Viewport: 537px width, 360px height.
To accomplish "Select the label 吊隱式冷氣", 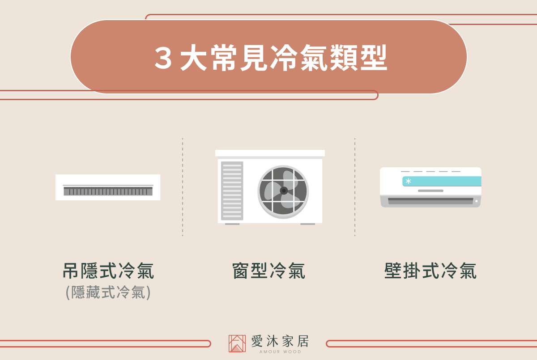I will click(108, 271).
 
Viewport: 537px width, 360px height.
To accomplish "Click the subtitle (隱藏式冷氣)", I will click(108, 292).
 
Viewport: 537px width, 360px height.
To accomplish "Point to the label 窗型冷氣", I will click(269, 271).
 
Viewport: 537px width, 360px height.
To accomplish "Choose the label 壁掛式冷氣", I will click(430, 271).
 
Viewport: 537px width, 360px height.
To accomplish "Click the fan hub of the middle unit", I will click(284, 191).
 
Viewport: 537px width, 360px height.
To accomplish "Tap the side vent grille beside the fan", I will click(232, 191).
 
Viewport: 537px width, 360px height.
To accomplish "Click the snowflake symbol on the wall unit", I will click(408, 181).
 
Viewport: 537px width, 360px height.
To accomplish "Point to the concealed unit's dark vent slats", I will click(108, 191).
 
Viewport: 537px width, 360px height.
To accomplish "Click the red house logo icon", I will click(237, 343).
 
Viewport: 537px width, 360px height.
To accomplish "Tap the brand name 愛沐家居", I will click(280, 341).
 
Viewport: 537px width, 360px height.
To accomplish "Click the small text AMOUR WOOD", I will click(280, 352).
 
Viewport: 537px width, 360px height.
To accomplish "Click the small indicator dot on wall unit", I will click(476, 201).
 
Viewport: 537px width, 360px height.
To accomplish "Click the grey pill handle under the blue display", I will click(430, 191).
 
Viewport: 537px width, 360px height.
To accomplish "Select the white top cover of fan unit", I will click(270, 153).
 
